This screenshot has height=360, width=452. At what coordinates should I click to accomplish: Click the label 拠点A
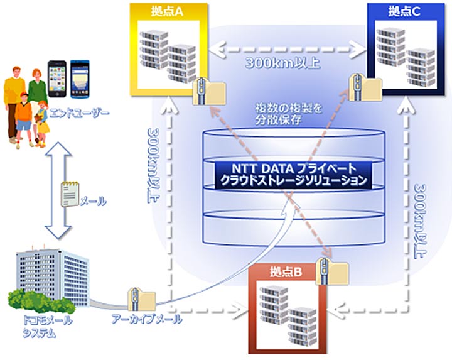pos(166,11)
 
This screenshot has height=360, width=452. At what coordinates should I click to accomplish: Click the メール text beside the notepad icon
pos(93,202)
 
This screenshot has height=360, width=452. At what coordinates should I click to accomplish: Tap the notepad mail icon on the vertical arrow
pos(69,192)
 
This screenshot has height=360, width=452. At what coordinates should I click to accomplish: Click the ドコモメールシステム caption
pos(43,325)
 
